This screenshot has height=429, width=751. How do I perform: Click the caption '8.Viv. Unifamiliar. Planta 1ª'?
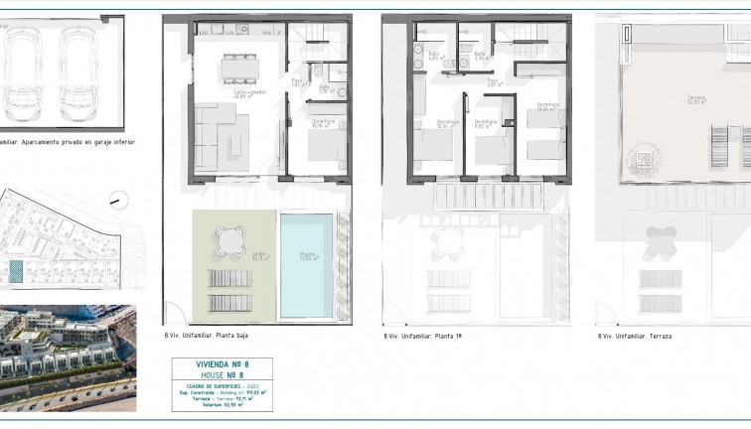[x=423, y=336]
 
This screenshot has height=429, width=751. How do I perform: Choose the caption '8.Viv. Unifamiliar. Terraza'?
[x=635, y=336]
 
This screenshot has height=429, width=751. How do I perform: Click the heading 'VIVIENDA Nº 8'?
[x=222, y=364]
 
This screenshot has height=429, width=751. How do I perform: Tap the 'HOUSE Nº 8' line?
[x=222, y=376]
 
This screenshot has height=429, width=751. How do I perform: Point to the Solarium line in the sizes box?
[x=222, y=405]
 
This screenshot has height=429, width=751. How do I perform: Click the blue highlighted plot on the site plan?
[x=15, y=268]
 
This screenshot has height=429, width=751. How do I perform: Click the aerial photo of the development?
[x=68, y=357]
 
